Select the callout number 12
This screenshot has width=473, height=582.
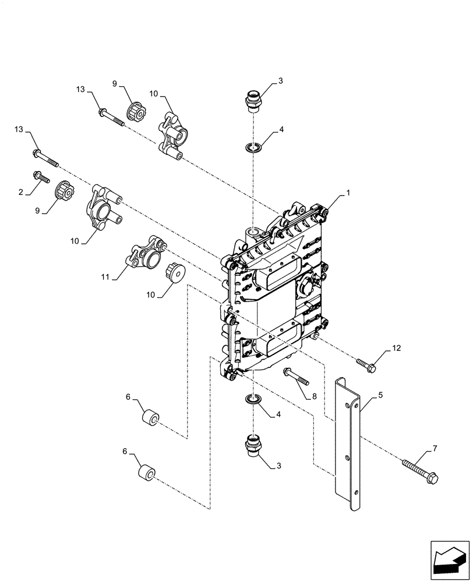396,348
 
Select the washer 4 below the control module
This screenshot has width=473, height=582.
252,400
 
